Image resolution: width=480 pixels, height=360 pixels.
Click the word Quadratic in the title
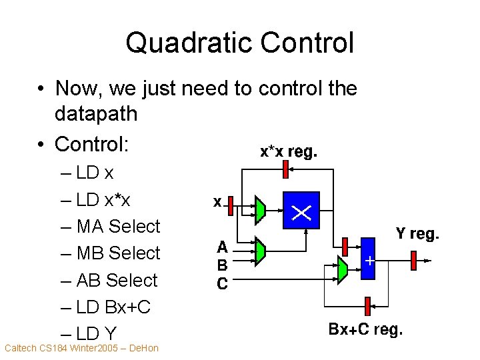189,43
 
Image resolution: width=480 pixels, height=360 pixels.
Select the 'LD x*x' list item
103,200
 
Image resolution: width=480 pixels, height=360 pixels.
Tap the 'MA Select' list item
119,227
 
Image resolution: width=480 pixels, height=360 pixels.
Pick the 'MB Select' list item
119,253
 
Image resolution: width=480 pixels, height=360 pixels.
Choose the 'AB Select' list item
117,280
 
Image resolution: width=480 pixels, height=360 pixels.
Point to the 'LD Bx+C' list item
114,307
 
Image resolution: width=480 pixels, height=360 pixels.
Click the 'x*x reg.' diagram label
289,152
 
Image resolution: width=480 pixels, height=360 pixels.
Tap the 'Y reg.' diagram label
417,234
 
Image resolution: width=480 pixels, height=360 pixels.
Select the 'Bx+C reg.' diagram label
365,329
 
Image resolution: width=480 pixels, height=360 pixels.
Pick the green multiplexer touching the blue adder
343,269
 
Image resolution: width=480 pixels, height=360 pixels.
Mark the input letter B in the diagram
223,265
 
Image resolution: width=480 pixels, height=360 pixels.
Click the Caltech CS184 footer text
81,348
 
